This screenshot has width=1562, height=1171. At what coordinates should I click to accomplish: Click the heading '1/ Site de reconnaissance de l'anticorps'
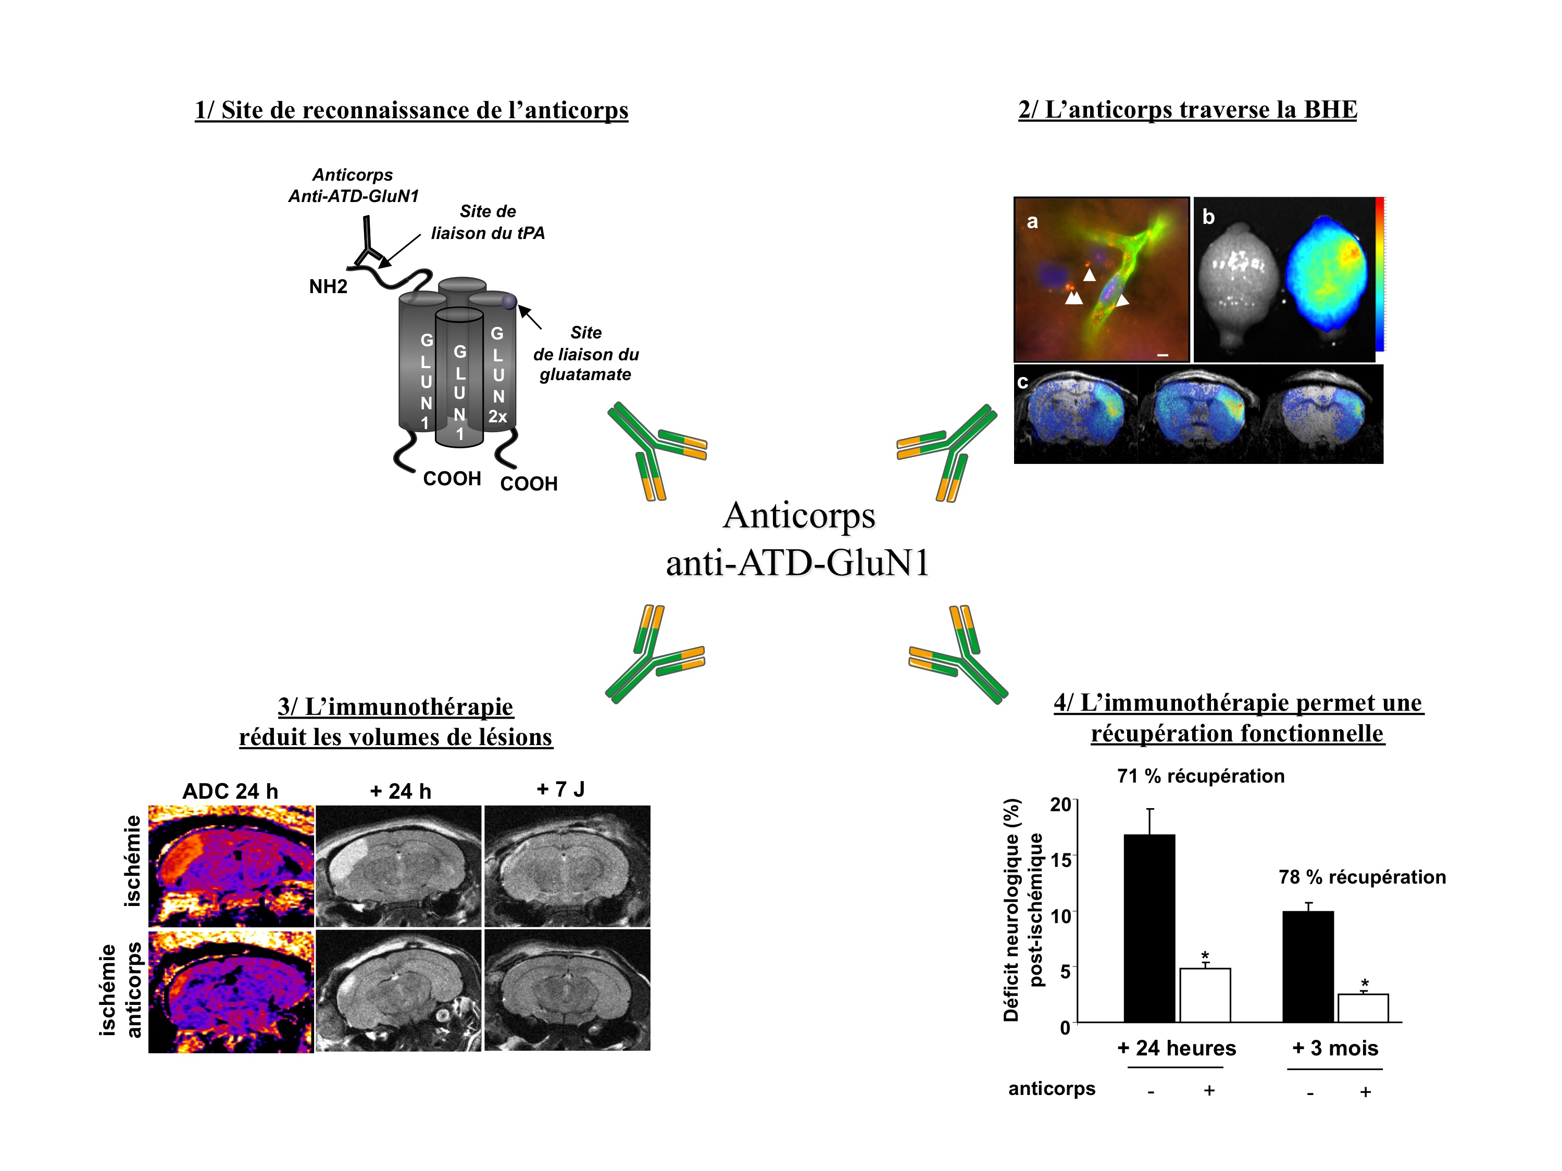(411, 110)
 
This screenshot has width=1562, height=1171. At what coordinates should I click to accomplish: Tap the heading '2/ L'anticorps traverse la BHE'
(1187, 109)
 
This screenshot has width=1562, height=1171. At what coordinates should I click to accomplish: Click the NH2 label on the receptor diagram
(328, 286)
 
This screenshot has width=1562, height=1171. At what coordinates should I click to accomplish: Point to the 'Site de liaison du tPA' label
(488, 222)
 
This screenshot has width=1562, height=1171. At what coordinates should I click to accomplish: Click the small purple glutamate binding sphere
(508, 302)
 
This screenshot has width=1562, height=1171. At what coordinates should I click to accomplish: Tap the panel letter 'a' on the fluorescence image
(1032, 222)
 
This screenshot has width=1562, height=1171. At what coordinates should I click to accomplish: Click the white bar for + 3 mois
(1363, 1008)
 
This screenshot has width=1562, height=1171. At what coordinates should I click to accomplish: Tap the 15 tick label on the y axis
(1060, 859)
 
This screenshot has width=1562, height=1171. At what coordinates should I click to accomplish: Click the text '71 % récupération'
(1201, 776)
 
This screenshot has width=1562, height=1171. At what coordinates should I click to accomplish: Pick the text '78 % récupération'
(1362, 877)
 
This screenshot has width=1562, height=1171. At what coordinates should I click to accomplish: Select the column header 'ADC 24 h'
(230, 791)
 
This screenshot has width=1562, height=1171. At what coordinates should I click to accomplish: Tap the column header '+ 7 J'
(560, 789)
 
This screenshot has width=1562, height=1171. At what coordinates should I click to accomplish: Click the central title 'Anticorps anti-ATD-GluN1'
(798, 538)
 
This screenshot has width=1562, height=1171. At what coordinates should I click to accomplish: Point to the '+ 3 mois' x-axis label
(1334, 1048)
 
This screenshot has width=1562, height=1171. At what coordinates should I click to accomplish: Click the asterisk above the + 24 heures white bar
(1205, 956)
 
